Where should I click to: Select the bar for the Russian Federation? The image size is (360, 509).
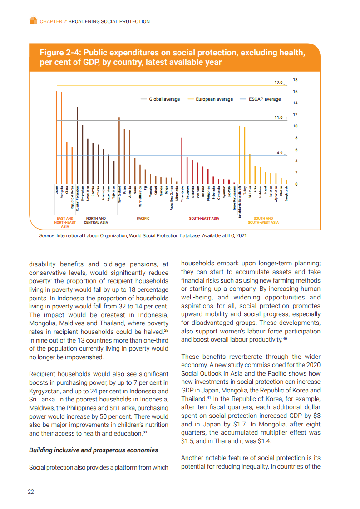tap(77, 146)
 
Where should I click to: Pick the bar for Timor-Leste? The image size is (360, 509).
tap(182, 161)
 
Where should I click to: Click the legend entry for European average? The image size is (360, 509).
tap(210, 99)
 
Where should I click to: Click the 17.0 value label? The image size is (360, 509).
tap(279, 83)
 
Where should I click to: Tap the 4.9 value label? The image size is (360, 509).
tap(280, 153)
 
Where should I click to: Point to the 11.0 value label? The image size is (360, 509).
tap(279, 118)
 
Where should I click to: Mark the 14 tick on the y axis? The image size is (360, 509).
tap(296, 103)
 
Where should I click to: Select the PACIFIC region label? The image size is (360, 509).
tap(143, 218)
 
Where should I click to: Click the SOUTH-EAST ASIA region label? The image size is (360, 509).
tap(204, 218)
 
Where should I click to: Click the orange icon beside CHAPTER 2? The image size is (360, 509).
tap(33, 21)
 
